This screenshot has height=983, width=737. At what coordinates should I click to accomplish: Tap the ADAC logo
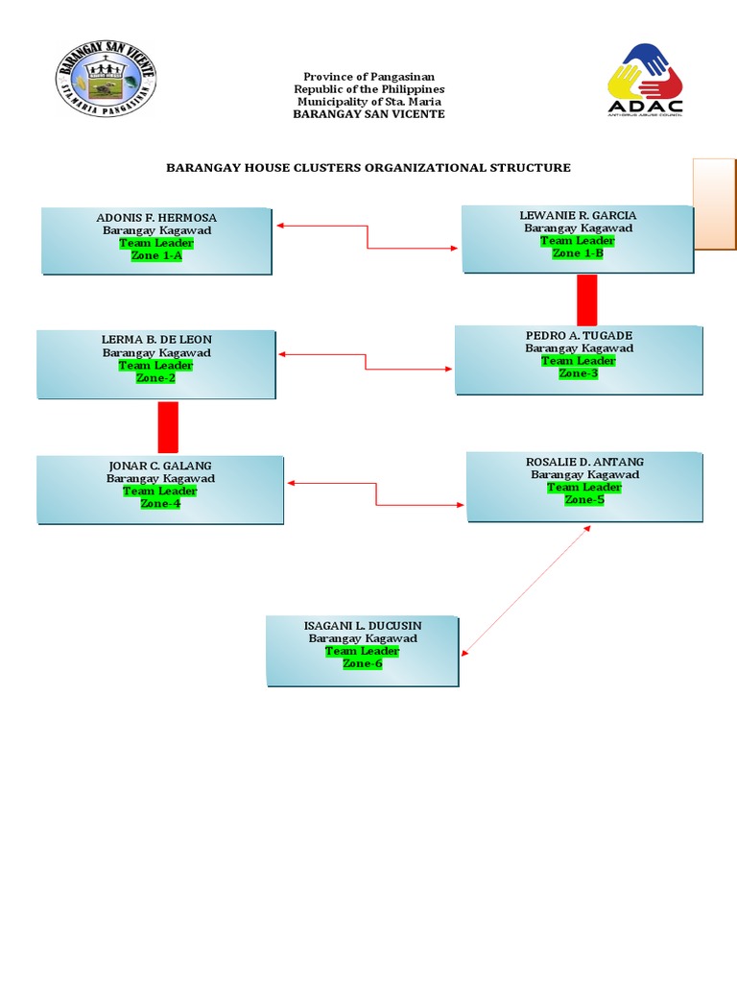[x=645, y=81]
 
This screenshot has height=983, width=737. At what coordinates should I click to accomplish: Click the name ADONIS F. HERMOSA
[x=156, y=218]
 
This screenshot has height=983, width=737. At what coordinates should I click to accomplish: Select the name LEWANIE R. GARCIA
[x=578, y=216]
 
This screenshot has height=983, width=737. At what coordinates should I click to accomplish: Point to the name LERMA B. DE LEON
[x=156, y=340]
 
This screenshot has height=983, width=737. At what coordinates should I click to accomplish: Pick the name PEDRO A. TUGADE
[x=579, y=336]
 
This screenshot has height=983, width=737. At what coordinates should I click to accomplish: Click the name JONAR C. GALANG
[x=160, y=466]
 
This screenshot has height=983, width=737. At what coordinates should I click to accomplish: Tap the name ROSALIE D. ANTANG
[x=584, y=463]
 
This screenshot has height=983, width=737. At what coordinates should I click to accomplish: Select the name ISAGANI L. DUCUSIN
[x=363, y=626]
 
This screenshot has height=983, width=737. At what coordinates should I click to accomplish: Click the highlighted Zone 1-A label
[x=155, y=256]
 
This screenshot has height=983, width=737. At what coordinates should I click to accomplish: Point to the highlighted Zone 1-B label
[x=578, y=253]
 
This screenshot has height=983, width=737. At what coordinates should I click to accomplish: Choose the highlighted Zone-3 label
[x=579, y=373]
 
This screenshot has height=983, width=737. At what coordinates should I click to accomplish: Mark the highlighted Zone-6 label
[x=363, y=663]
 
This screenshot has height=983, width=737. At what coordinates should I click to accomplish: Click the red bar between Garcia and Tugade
[x=586, y=299]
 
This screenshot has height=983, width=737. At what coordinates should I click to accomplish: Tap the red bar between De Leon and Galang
[x=168, y=427]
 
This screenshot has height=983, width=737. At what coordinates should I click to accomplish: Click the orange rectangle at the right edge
[x=714, y=204]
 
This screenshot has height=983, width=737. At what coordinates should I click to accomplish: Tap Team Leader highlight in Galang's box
[x=160, y=491]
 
